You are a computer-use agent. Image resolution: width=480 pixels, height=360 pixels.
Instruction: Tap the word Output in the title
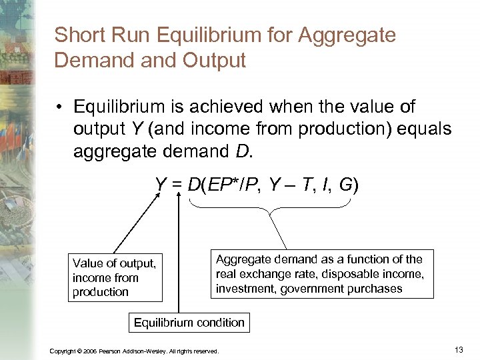[x=213, y=60]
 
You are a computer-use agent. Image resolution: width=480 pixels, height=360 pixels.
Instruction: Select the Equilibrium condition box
[x=189, y=323]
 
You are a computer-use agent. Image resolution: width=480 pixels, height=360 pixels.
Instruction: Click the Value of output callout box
[x=115, y=278]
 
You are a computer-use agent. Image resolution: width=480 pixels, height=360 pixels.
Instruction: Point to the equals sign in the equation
[x=178, y=185]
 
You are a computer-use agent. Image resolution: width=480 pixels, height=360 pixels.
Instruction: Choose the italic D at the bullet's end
[x=241, y=151]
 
